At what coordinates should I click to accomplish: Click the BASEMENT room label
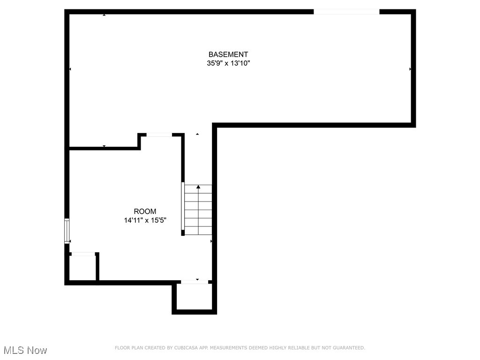(228, 54)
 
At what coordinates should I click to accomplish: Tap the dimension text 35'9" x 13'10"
(228, 64)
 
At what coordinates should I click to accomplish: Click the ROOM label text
(145, 211)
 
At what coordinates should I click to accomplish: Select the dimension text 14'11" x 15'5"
(145, 220)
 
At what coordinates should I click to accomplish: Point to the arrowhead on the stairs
(198, 187)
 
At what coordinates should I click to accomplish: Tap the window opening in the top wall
(346, 12)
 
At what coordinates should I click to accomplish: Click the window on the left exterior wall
(67, 231)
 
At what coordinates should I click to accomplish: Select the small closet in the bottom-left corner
(82, 269)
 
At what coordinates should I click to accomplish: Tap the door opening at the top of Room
(159, 135)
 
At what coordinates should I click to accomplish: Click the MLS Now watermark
(25, 350)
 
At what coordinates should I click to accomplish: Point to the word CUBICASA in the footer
(172, 348)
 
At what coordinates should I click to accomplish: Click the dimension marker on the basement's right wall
(411, 69)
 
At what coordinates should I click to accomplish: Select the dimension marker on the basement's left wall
(70, 69)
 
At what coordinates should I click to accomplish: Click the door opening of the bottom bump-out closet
(195, 282)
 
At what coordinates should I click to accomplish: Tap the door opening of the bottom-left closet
(83, 254)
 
